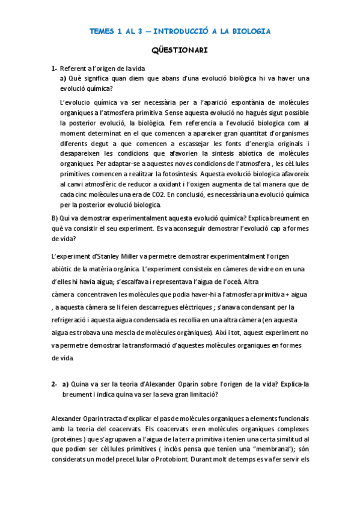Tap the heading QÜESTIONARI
tap(180, 51)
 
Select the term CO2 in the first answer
tap(178, 194)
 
